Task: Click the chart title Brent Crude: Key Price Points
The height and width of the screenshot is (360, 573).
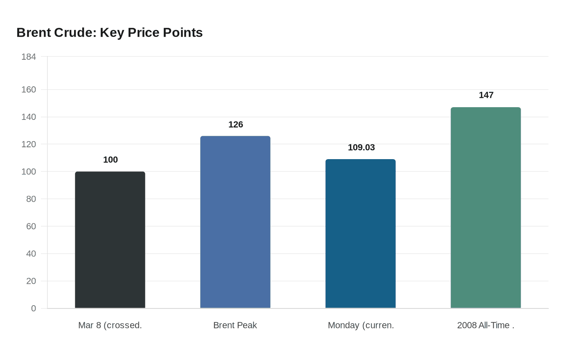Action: click(109, 32)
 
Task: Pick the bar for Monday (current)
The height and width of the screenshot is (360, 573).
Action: click(361, 234)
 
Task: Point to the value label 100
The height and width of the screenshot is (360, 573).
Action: click(111, 160)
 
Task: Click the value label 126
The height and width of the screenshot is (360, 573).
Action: click(236, 124)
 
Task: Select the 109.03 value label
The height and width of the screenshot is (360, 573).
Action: click(361, 147)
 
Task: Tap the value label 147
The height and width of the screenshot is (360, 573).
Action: click(486, 95)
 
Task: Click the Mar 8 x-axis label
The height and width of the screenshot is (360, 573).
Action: click(110, 325)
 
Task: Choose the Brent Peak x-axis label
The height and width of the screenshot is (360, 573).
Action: click(235, 325)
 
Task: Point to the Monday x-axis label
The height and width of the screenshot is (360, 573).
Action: click(361, 325)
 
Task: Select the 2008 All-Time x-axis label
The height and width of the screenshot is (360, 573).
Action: click(486, 325)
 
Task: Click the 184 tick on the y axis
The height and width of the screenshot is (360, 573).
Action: click(29, 57)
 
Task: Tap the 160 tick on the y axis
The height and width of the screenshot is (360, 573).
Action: click(29, 90)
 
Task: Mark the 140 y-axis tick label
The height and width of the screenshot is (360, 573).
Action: click(29, 117)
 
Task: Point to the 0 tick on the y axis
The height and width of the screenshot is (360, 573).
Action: click(34, 308)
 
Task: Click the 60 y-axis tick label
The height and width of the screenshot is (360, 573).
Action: click(31, 226)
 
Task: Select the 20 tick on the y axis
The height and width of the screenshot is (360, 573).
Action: click(31, 281)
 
